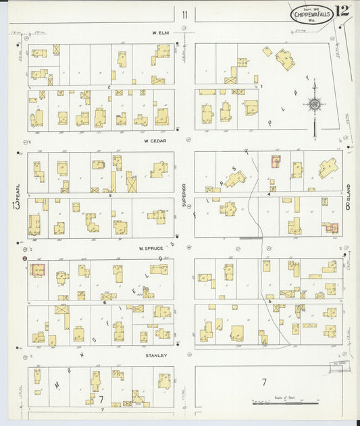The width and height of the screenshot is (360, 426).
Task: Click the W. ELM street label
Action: click(159, 32)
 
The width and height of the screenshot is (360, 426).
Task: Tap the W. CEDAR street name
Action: click(155, 141)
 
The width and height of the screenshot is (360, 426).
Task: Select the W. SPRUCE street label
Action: click(154, 248)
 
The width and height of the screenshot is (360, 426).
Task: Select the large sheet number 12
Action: click(342, 11)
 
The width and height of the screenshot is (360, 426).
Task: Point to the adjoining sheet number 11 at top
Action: click(184, 14)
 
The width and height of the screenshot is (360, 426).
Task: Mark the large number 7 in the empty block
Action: click(263, 383)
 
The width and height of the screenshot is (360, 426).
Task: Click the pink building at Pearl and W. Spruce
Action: click(37, 270)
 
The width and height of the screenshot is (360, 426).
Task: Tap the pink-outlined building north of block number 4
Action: click(276, 161)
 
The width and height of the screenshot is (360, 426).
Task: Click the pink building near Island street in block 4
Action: click(332, 228)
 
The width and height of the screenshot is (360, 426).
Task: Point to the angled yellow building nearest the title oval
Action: click(284, 59)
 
